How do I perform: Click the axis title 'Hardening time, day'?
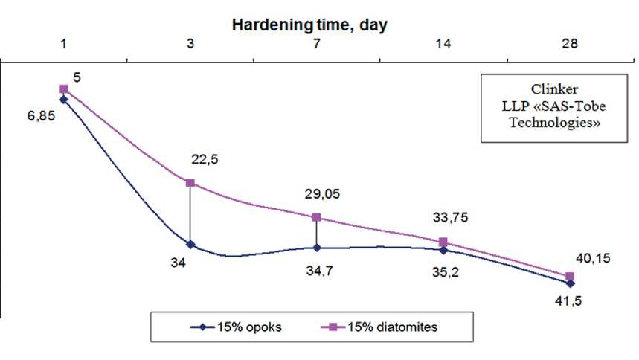click(309, 25)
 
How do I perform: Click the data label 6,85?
click(42, 117)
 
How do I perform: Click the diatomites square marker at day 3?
click(190, 182)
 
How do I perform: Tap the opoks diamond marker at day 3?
click(190, 244)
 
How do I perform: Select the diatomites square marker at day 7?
click(317, 217)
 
